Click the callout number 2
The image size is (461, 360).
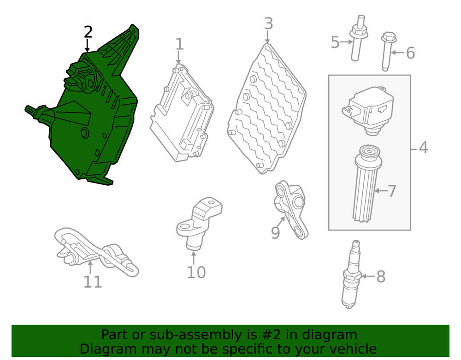[x=88, y=32]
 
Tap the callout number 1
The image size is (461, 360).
[x=179, y=44]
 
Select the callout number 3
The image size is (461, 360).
[x=268, y=24]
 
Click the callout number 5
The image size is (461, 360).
[x=335, y=42]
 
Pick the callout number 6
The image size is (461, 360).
[x=410, y=53]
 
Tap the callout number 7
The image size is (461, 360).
[x=392, y=191]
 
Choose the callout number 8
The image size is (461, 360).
[x=381, y=277]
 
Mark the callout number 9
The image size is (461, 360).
[x=275, y=233]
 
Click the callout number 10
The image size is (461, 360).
[x=196, y=272]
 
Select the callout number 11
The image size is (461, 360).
[x=93, y=282]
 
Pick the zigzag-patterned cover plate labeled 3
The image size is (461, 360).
[x=266, y=109]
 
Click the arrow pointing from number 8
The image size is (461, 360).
[x=368, y=276]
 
